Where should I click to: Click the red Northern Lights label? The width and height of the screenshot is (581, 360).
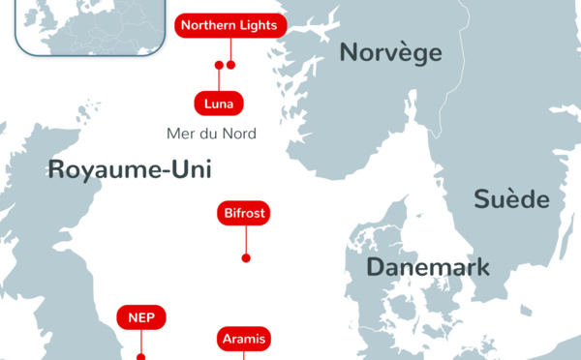click(229, 25)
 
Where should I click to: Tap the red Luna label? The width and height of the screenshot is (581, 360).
click(219, 103)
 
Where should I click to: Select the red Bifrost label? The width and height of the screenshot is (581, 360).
click(245, 213)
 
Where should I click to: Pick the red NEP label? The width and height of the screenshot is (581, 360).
click(141, 317)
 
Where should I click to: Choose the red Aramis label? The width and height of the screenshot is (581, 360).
click(243, 339)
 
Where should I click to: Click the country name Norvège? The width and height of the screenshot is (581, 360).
click(390, 53)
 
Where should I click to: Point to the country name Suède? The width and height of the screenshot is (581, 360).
click(511, 200)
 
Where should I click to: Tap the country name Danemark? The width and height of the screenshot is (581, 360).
click(428, 268)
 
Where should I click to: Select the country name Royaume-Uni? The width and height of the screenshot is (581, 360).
click(130, 170)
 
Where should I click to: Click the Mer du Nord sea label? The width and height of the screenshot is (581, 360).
click(211, 134)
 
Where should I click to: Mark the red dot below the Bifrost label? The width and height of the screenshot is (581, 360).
click(246, 257)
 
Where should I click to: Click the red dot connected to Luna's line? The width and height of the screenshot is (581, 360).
click(219, 66)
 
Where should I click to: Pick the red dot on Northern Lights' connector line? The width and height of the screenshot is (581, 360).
click(230, 66)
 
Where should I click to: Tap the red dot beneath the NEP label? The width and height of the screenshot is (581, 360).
click(141, 357)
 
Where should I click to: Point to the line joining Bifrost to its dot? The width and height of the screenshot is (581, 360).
click(246, 239)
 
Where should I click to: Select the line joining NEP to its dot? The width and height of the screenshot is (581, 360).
click(141, 341)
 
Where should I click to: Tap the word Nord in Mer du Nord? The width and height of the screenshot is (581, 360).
click(237, 134)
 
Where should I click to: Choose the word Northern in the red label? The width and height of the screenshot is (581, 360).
click(209, 25)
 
